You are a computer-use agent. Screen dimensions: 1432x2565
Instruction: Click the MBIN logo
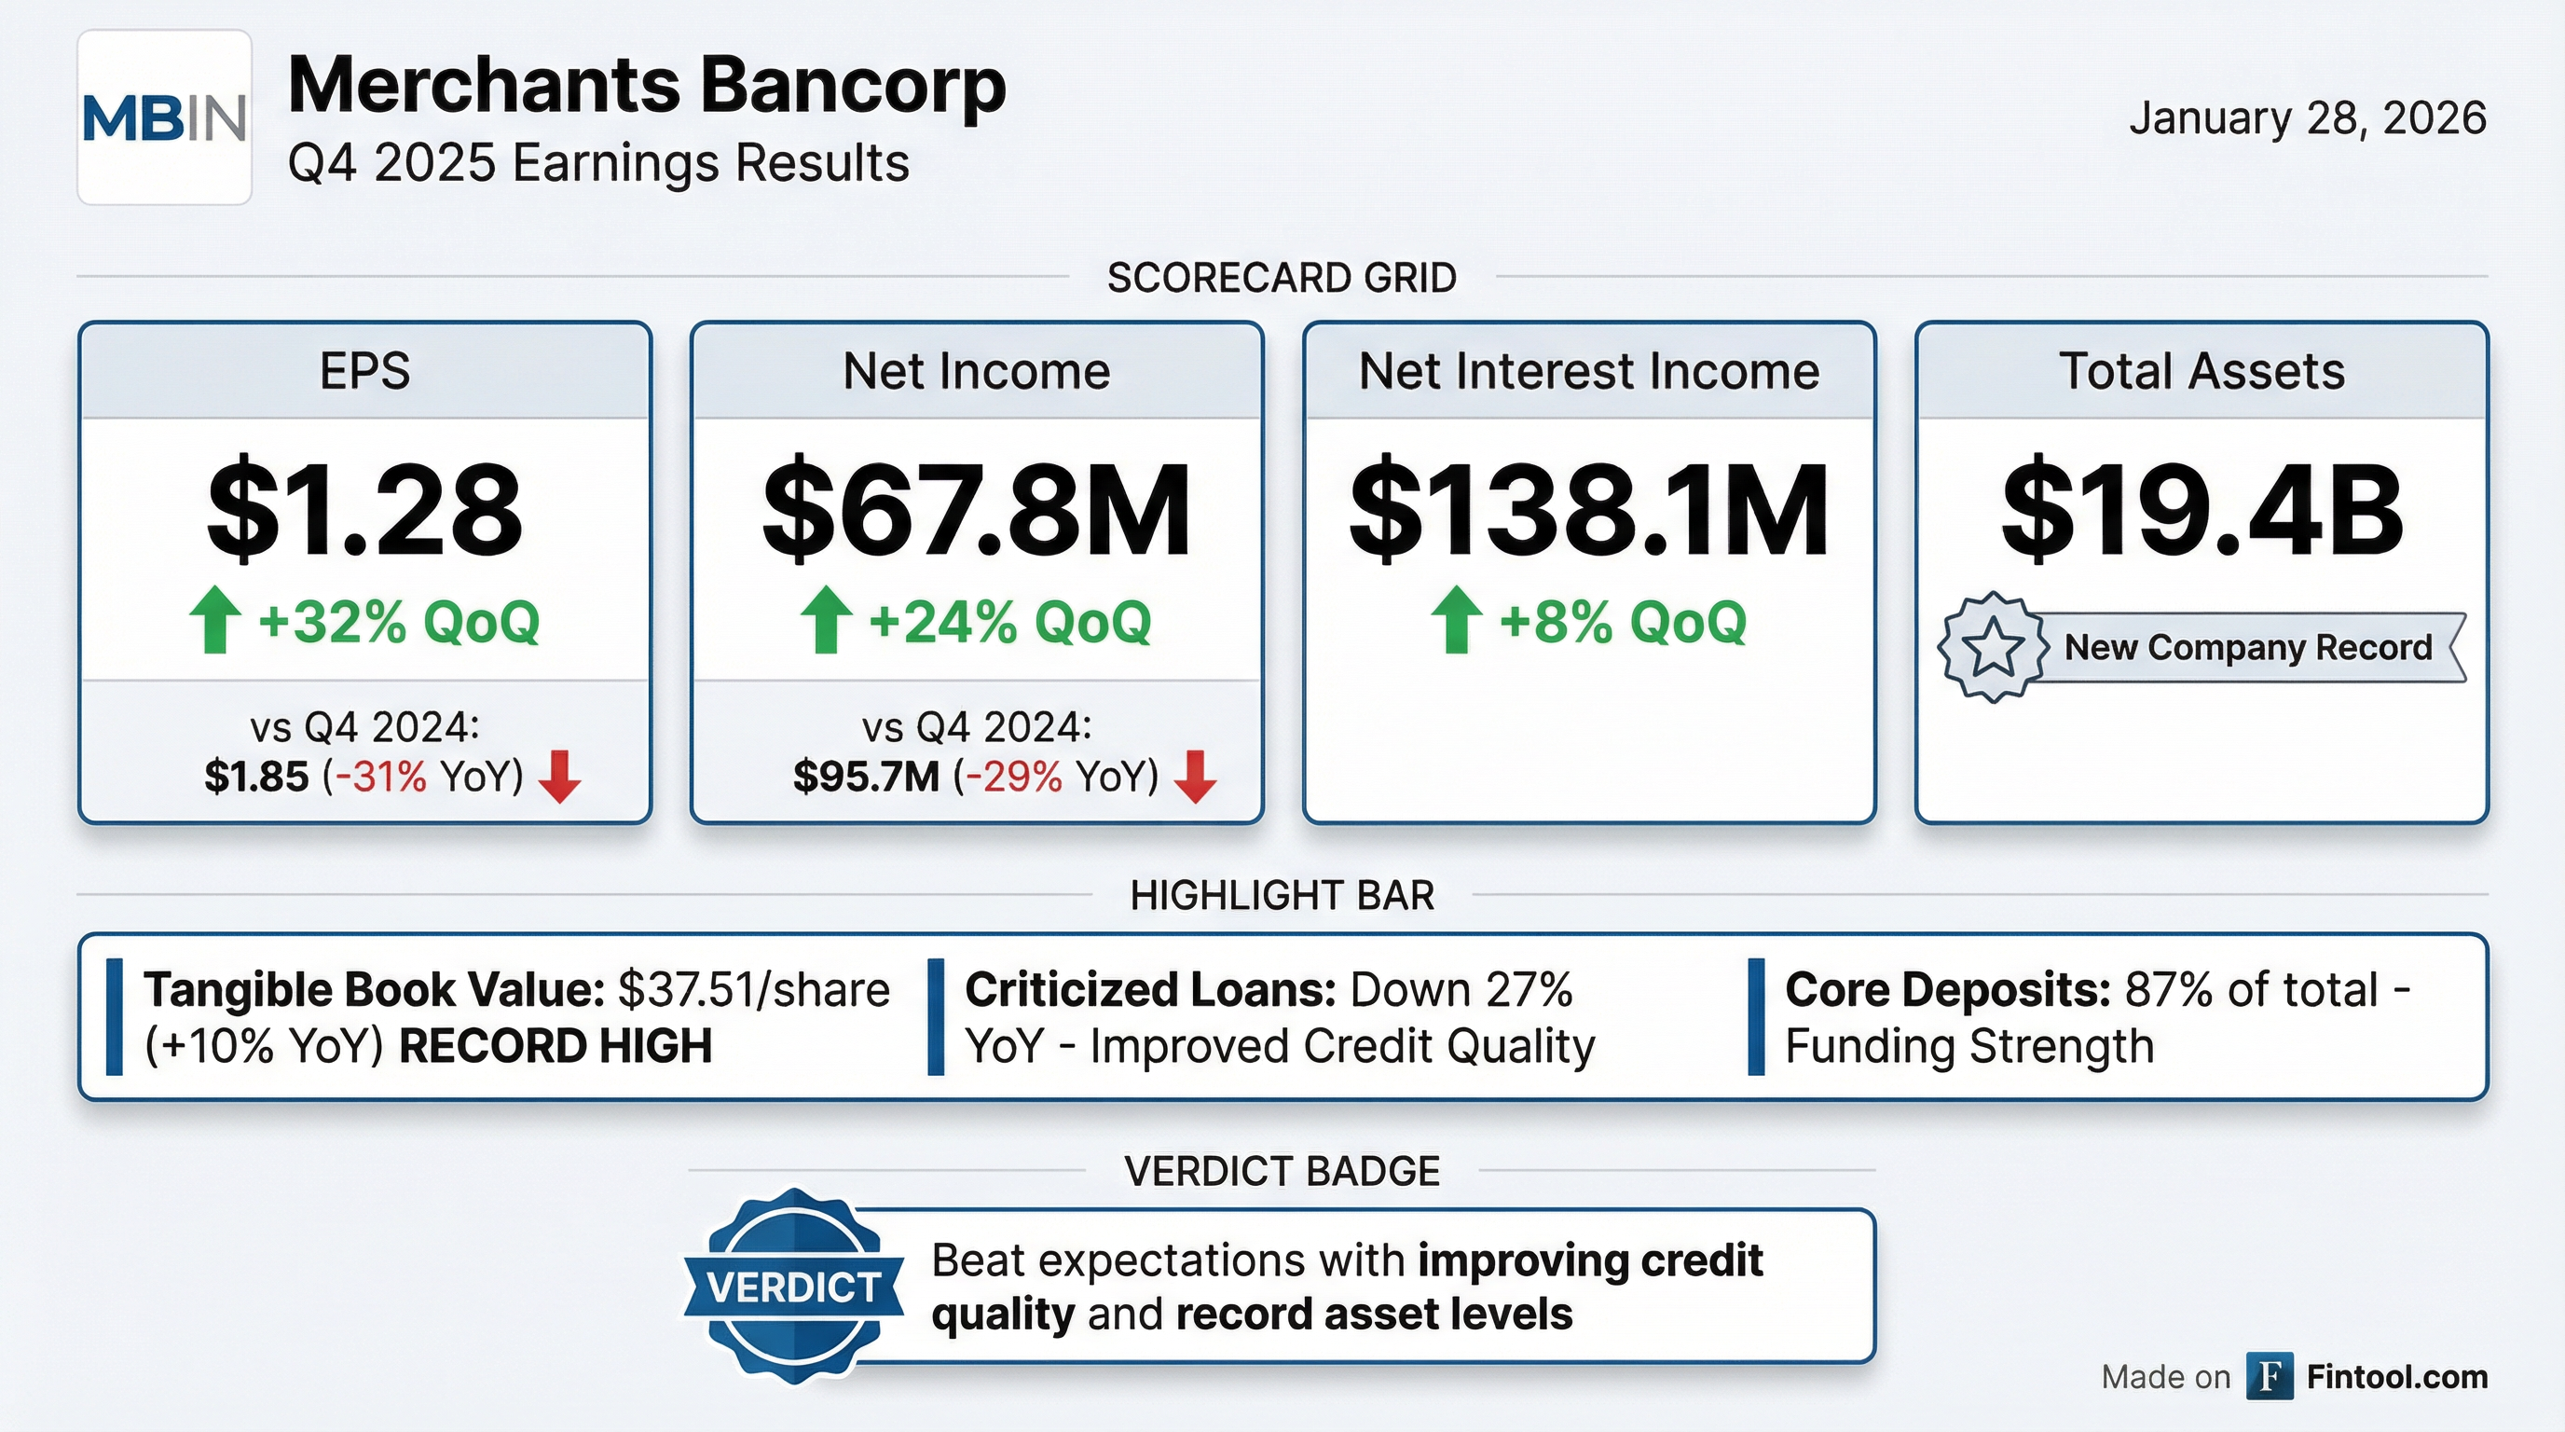[x=164, y=117]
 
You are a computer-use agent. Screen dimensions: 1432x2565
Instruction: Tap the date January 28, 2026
[x=2307, y=117]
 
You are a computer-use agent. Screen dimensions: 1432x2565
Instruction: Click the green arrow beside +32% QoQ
[x=214, y=619]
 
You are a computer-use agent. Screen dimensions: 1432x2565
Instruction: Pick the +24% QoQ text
[x=1009, y=623]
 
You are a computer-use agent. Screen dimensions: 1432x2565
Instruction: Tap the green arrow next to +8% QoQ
[x=1456, y=619]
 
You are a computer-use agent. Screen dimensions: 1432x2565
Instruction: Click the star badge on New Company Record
[x=1993, y=647]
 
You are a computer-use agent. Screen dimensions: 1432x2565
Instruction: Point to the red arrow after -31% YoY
[x=559, y=777]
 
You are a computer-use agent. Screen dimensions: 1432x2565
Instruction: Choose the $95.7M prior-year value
[x=865, y=777]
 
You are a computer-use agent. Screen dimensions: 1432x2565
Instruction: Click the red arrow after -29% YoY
[x=1195, y=777]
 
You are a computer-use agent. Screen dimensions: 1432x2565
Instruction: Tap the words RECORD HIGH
[x=556, y=1047]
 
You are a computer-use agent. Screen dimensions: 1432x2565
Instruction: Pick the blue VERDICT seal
[x=793, y=1286]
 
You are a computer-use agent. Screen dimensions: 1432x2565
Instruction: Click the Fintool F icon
[x=2270, y=1376]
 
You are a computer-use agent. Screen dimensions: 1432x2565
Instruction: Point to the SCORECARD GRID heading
[x=1282, y=278]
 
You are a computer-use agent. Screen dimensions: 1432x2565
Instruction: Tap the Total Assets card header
[x=2202, y=371]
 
